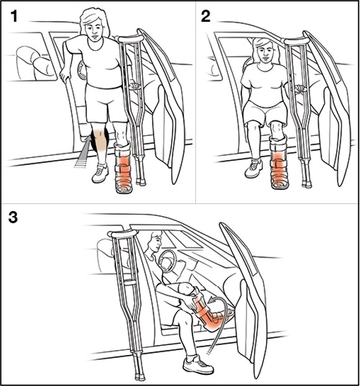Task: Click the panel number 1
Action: [14, 17]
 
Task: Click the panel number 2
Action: [205, 17]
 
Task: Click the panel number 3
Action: [13, 217]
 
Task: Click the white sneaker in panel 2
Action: [253, 168]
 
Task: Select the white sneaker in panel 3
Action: [198, 364]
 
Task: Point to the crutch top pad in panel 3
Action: [122, 233]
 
